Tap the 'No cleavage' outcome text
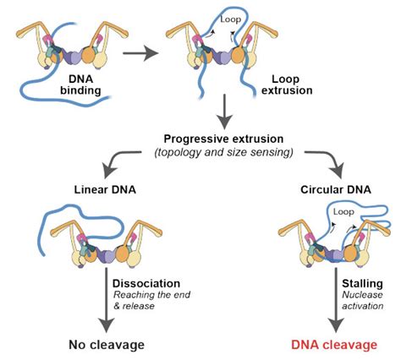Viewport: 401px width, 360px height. (107, 345)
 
